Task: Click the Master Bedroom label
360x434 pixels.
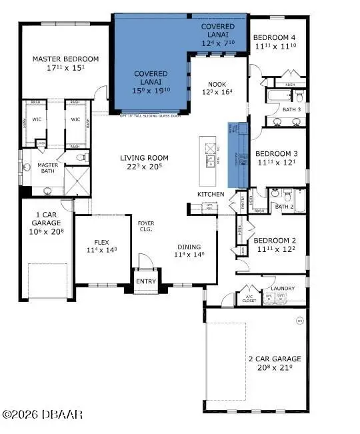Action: coord(66,59)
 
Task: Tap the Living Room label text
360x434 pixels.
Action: coord(144,158)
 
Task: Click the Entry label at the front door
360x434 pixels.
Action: coord(145,281)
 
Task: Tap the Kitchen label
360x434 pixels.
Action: coord(206,194)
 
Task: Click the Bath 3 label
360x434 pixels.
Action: coord(290,109)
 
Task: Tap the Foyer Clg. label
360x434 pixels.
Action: coord(145,225)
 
